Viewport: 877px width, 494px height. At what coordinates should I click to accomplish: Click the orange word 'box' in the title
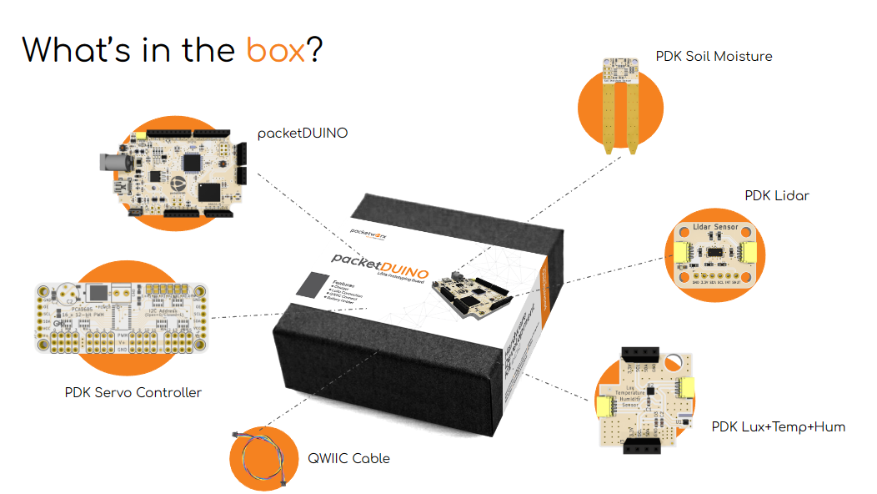click(276, 50)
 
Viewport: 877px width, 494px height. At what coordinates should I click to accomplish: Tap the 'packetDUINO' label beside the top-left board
click(303, 133)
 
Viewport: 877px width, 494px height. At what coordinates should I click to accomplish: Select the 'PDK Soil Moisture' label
click(714, 57)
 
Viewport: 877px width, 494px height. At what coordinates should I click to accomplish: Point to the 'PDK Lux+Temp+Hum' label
click(778, 427)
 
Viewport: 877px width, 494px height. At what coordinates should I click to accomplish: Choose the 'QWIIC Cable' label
click(348, 458)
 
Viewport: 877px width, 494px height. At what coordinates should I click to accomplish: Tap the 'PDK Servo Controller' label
click(133, 392)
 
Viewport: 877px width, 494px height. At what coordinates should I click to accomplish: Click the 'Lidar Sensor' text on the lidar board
click(715, 227)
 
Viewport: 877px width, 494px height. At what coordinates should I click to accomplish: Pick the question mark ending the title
click(315, 50)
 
